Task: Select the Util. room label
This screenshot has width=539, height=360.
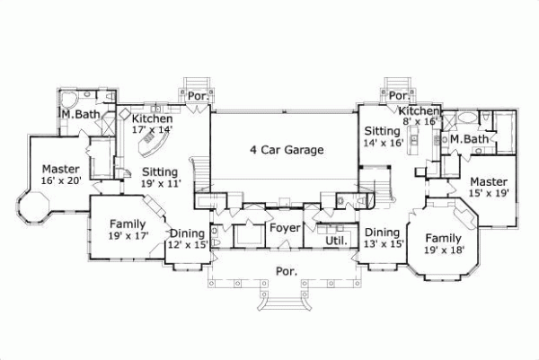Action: (x=336, y=241)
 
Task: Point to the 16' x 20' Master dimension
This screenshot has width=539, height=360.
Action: (x=61, y=180)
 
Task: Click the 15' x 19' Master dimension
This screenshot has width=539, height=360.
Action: (x=488, y=192)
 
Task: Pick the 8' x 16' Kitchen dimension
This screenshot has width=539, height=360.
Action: (x=418, y=120)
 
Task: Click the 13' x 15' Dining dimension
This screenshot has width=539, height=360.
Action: (x=384, y=243)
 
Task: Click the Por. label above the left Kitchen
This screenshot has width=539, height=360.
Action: (x=196, y=95)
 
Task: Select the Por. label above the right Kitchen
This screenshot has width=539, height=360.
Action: (x=398, y=95)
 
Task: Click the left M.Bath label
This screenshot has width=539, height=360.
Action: (x=80, y=115)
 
